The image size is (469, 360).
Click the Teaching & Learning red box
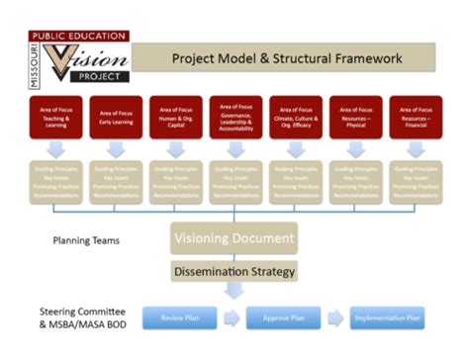click(55, 118)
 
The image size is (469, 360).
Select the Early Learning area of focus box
click(115, 118)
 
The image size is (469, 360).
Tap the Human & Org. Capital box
click(175, 118)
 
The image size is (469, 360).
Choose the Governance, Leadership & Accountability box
click(235, 118)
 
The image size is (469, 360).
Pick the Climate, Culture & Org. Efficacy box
click(295, 118)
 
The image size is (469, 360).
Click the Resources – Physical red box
click(355, 118)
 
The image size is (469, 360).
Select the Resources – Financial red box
click(416, 118)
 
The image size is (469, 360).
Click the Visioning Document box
click(234, 238)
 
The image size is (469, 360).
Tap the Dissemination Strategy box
click(234, 269)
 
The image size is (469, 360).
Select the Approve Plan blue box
click(283, 318)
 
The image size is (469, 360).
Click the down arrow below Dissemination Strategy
click(234, 291)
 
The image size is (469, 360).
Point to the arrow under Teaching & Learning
click(55, 148)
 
